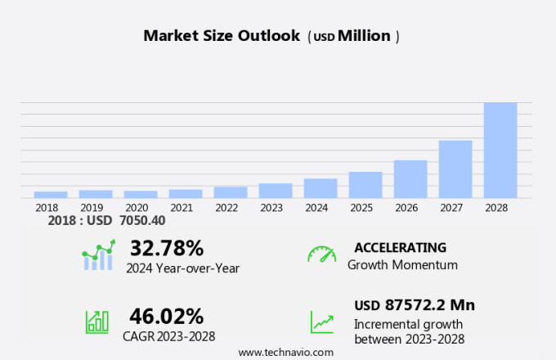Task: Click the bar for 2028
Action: click(500, 150)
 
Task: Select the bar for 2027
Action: click(455, 169)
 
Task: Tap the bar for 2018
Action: click(51, 195)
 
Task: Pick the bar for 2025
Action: click(365, 185)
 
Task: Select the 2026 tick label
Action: click(410, 208)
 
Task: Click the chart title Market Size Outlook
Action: click(222, 36)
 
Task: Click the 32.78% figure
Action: click(167, 248)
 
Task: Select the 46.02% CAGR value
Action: click(167, 316)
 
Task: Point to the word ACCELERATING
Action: click(401, 247)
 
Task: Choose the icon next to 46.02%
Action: click(97, 322)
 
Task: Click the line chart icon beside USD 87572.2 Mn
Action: click(321, 322)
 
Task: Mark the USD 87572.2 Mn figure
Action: click(415, 305)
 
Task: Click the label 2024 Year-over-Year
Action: click(183, 268)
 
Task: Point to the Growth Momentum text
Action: click(402, 265)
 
